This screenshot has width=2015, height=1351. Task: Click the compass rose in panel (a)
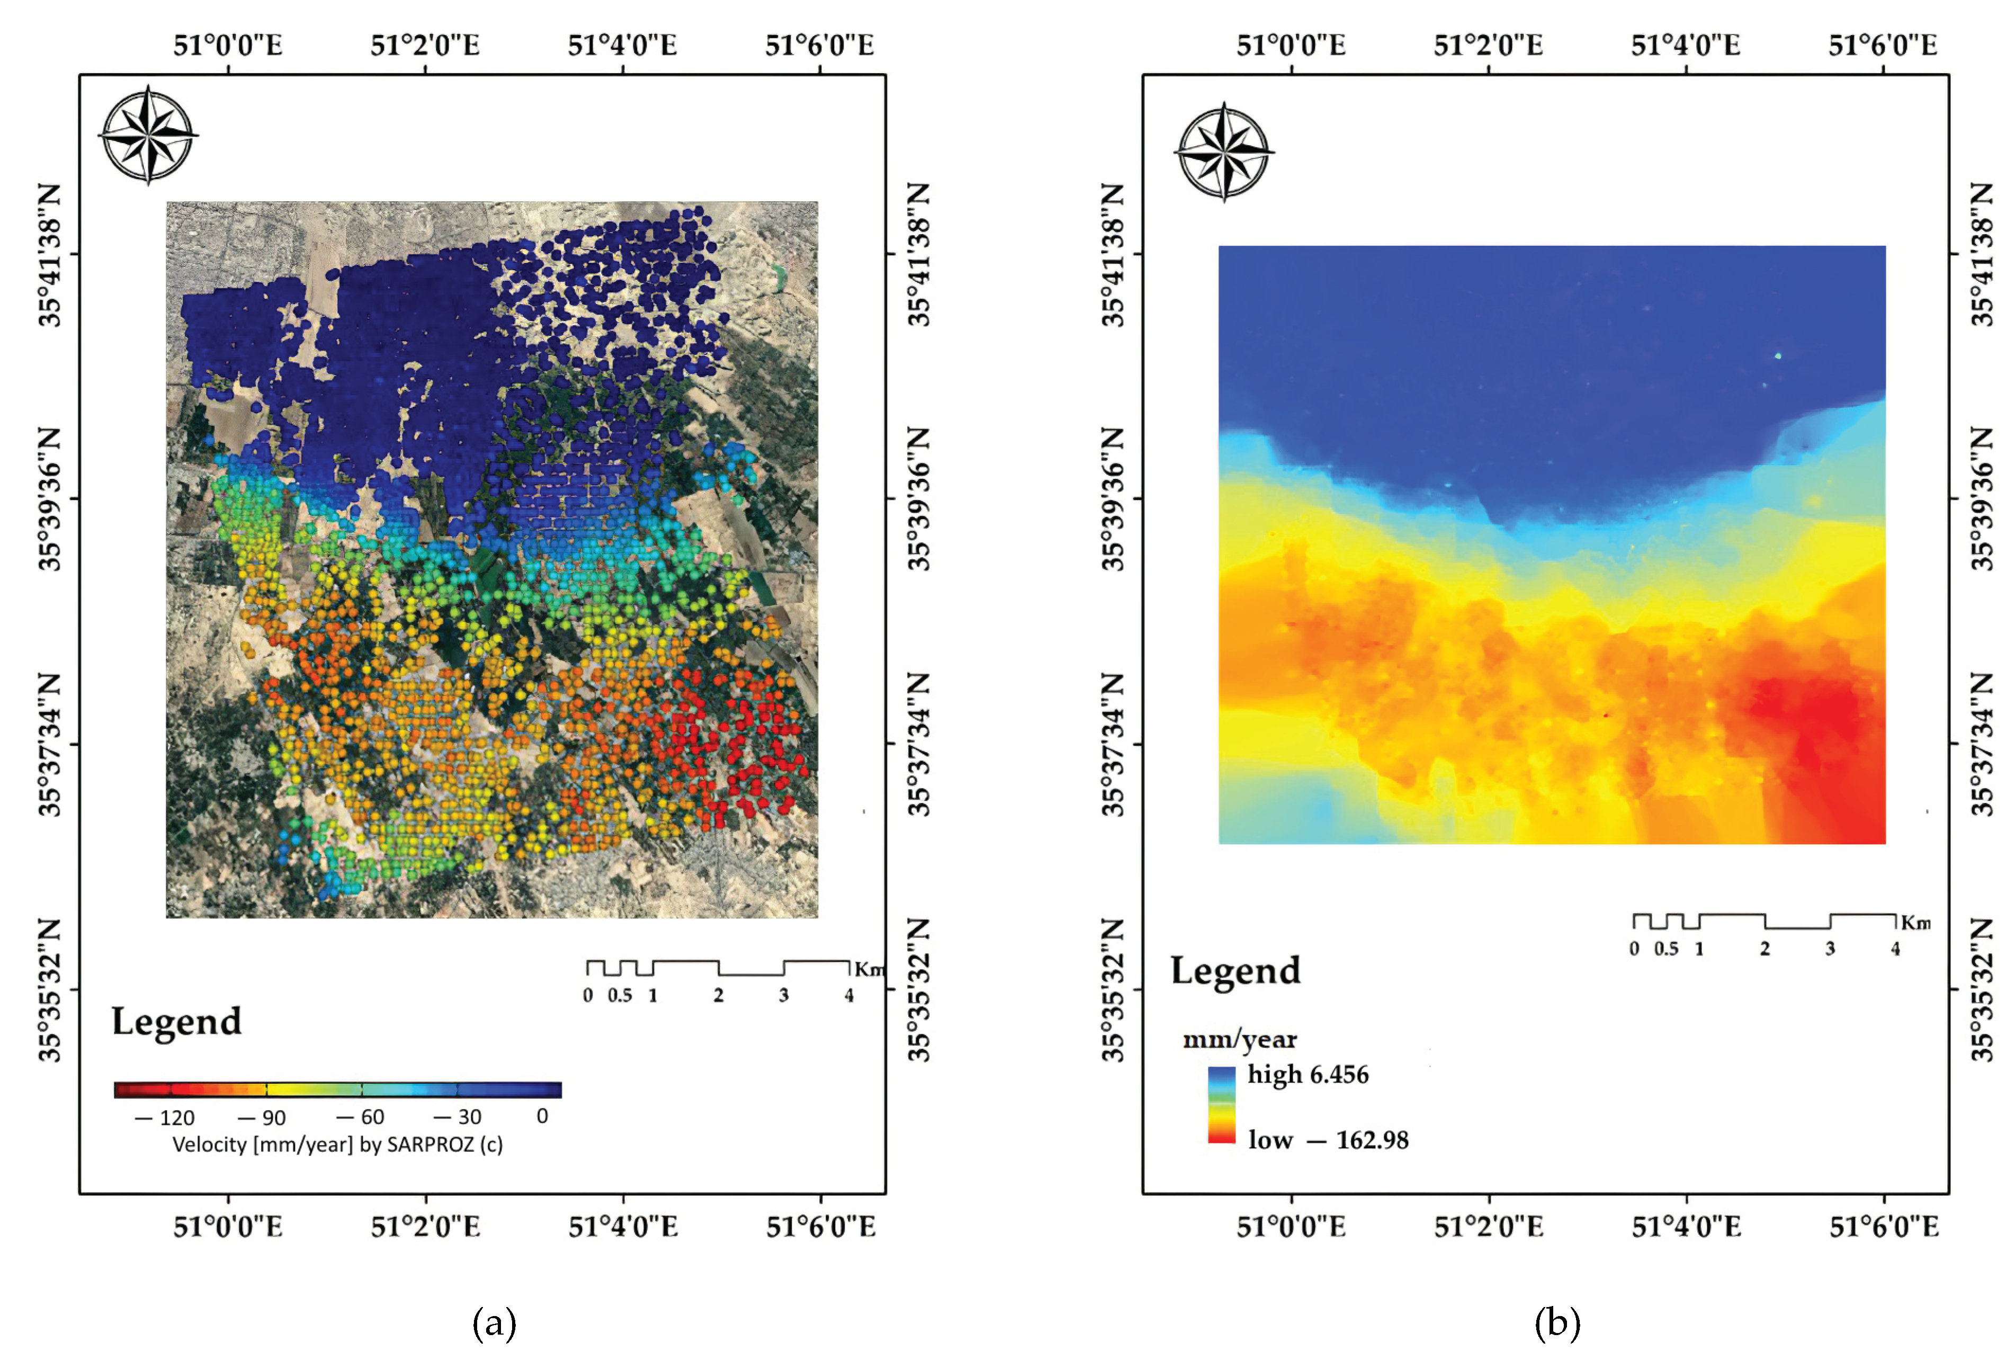[148, 135]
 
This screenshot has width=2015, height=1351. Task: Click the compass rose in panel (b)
[1224, 153]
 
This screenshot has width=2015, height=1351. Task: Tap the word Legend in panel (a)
[176, 1022]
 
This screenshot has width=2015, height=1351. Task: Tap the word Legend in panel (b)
[1234, 971]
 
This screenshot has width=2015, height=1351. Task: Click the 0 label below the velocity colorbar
[542, 1116]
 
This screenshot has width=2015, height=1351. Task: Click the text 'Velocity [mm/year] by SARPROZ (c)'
[338, 1144]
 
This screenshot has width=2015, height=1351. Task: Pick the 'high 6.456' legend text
[1307, 1075]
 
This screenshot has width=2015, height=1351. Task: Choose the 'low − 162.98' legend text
[1328, 1140]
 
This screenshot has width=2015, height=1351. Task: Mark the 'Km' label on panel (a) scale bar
[868, 969]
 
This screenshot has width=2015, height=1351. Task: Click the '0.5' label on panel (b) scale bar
[1665, 949]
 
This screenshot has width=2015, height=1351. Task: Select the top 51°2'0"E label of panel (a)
[425, 45]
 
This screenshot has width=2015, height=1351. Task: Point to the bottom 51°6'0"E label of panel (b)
[1883, 1226]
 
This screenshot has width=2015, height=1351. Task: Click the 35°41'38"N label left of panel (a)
[50, 255]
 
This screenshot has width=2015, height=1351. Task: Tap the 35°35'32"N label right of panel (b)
[1982, 990]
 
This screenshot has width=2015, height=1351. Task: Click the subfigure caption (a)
[495, 1322]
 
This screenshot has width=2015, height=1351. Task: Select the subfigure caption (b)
[1557, 1322]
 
